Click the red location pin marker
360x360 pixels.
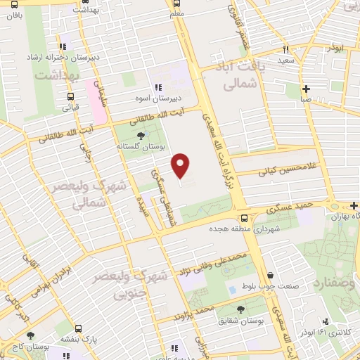[181, 165]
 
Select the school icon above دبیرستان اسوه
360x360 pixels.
[148, 86]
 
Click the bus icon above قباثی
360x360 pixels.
[70, 97]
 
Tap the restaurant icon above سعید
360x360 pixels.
[285, 50]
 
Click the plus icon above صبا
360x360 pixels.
[306, 89]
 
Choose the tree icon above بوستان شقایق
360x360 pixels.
[241, 309]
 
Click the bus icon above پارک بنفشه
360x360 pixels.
[78, 328]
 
